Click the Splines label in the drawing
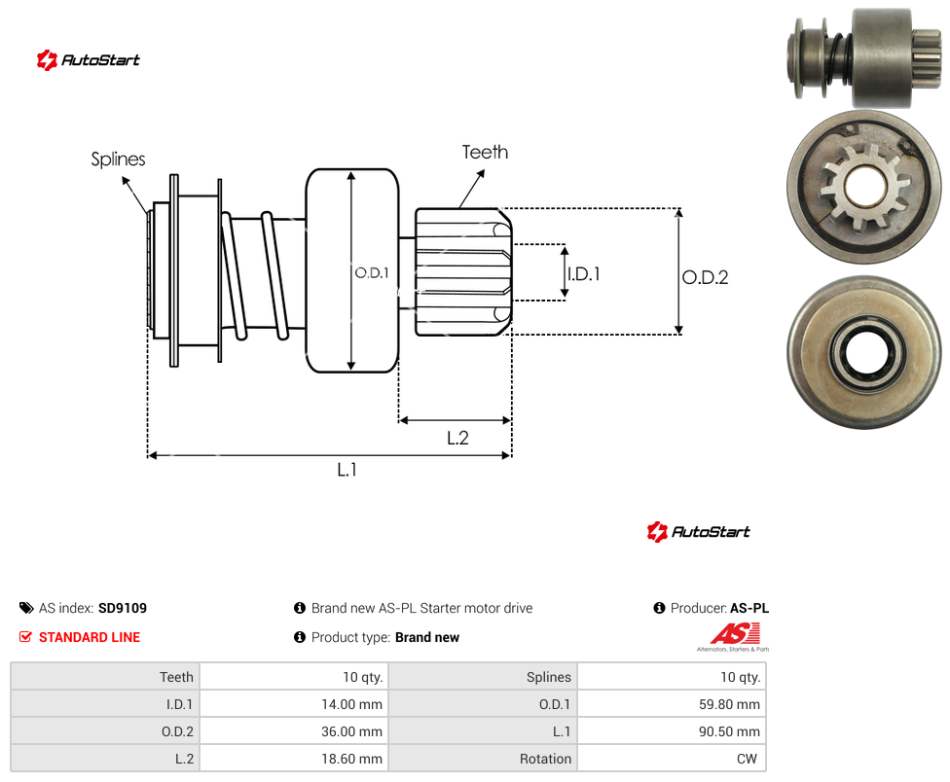click(118, 160)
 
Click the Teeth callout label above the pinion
click(485, 152)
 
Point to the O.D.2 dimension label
click(706, 277)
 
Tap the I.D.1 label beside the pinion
click(584, 274)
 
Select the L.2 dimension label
click(458, 438)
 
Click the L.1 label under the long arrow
click(347, 469)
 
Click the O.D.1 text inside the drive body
click(372, 273)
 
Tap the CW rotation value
click(747, 759)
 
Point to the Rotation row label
click(545, 759)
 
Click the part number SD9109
click(123, 608)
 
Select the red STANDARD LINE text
click(90, 637)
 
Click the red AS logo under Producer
click(734, 635)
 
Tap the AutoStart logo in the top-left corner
click(89, 60)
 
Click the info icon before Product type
click(299, 637)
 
